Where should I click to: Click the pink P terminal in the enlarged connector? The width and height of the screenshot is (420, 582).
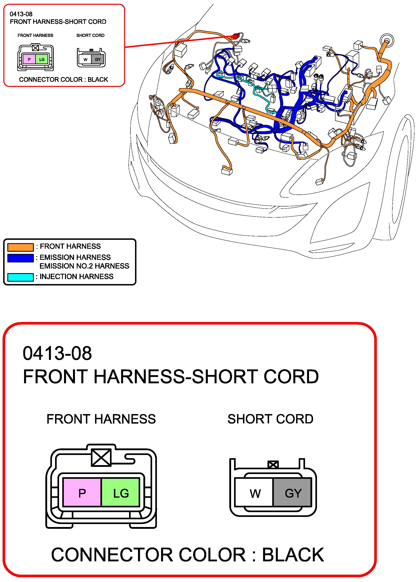pyautogui.click(x=82, y=493)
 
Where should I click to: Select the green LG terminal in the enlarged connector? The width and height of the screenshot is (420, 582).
pyautogui.click(x=121, y=493)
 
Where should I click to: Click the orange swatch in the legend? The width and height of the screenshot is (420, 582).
pyautogui.click(x=20, y=247)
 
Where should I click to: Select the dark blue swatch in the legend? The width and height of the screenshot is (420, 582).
pyautogui.click(x=20, y=258)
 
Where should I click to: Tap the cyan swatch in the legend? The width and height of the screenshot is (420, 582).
pyautogui.click(x=20, y=277)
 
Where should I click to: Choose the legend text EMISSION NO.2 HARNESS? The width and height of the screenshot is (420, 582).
pyautogui.click(x=84, y=266)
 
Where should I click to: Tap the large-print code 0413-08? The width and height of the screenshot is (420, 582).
pyautogui.click(x=57, y=353)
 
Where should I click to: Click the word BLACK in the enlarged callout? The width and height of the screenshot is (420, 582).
pyautogui.click(x=293, y=555)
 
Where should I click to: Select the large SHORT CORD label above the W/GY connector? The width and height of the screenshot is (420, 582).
pyautogui.click(x=270, y=419)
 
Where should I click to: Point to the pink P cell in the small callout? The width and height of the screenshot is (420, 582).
pyautogui.click(x=29, y=59)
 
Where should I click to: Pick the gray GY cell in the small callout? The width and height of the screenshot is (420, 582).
pyautogui.click(x=98, y=60)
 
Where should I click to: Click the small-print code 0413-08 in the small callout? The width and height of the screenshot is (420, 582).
pyautogui.click(x=21, y=14)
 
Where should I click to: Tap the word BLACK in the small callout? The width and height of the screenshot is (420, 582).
pyautogui.click(x=98, y=80)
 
